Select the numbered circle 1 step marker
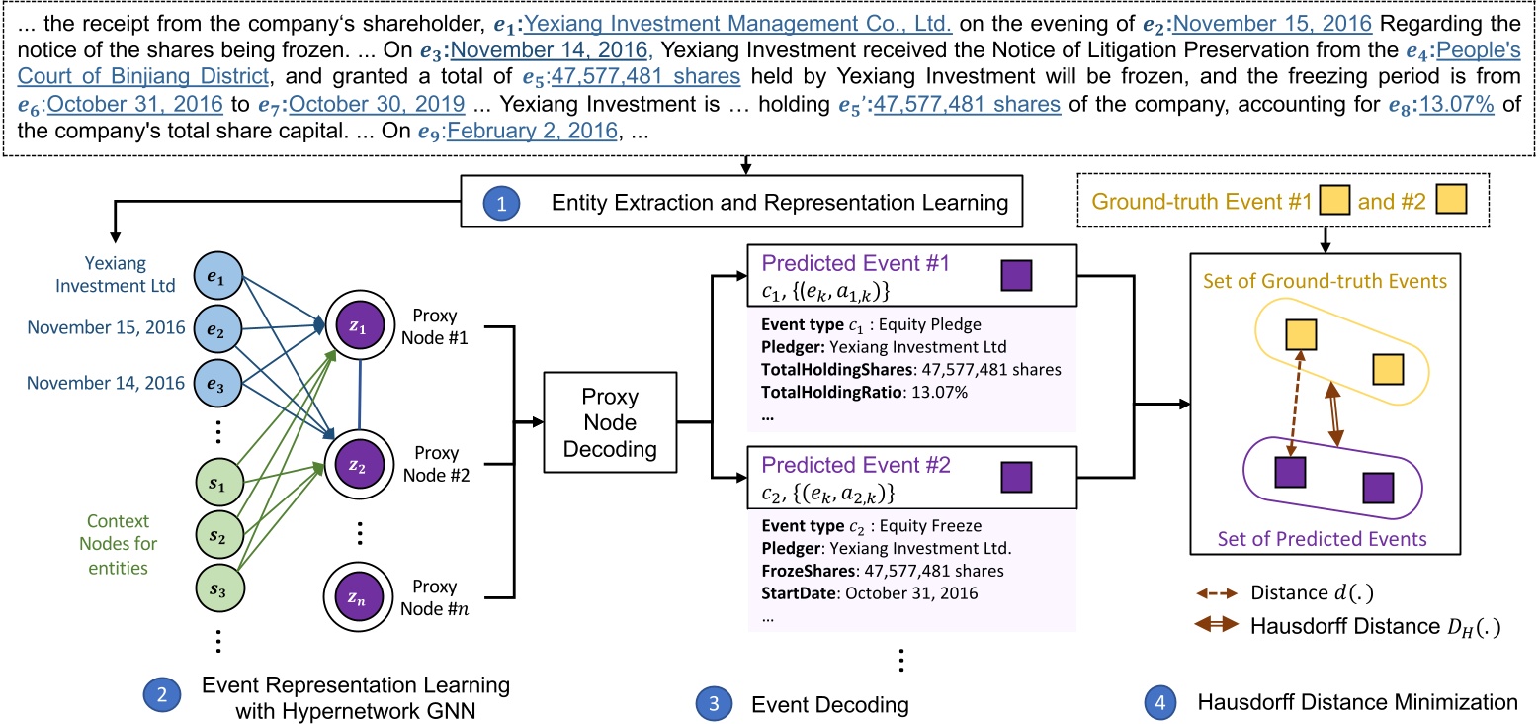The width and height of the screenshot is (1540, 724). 499,204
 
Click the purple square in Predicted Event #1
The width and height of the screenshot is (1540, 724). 1017,275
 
